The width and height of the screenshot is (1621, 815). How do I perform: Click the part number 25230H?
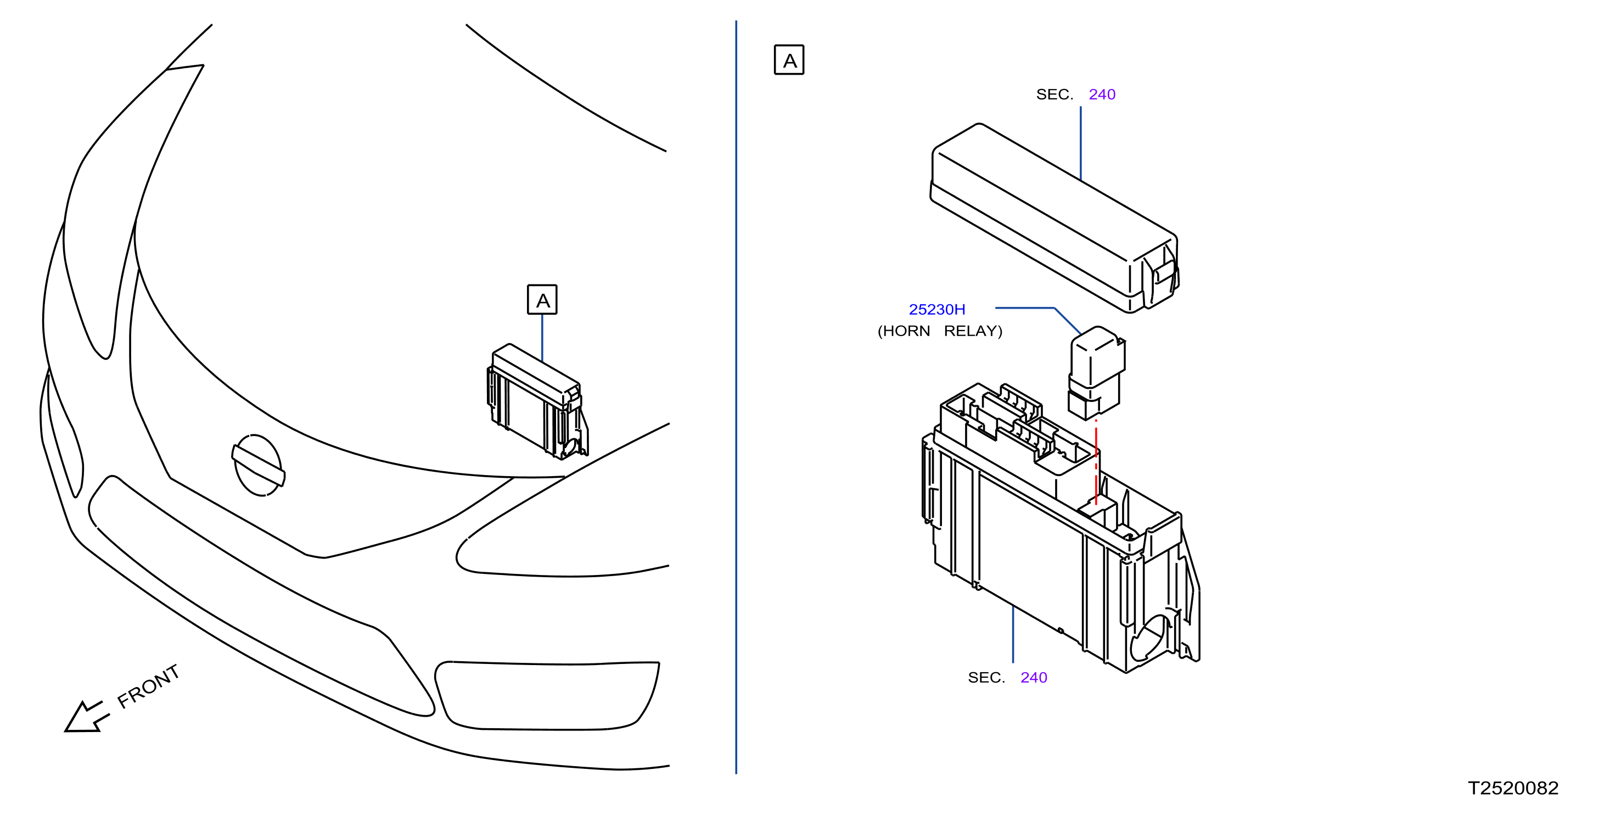936,310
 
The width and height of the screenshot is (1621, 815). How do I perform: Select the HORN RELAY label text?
940,331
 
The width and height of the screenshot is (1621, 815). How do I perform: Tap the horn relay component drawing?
1096,372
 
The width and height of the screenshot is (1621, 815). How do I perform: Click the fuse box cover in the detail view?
1054,217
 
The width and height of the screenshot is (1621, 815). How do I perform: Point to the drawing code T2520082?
1513,788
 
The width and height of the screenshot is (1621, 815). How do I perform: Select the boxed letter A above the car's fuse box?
542,299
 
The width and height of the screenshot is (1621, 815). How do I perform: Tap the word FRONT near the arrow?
149,686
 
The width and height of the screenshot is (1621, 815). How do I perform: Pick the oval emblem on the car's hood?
258,465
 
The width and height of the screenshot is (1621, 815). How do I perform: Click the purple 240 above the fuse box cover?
1102,94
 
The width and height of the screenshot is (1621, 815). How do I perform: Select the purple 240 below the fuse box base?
1034,678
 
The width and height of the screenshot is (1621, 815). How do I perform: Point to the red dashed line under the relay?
1096,462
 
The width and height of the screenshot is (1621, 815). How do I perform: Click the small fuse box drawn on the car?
537,401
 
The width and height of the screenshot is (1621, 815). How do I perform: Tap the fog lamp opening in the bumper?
546,695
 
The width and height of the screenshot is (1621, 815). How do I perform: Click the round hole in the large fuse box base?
1149,638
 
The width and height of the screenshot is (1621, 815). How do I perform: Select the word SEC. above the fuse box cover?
1055,94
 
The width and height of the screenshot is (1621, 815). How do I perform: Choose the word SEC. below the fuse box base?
986,678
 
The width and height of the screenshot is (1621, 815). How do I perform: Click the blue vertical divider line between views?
736,397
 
